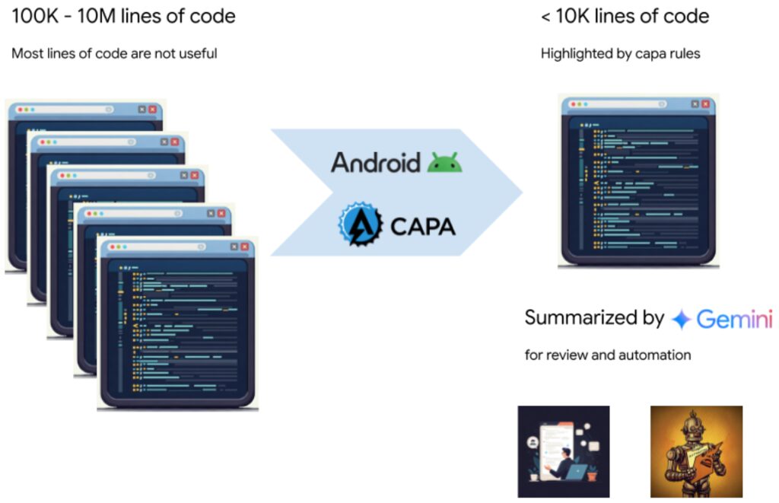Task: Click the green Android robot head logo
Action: point(444,162)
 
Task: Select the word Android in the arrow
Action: point(375,162)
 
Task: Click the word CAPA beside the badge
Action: point(422,225)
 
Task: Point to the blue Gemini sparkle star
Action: point(681,320)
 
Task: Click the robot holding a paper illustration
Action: point(696,451)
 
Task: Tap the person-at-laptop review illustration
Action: point(564,451)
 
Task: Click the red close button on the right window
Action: point(705,104)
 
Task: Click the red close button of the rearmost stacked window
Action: point(152,110)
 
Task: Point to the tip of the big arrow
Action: point(523,193)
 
